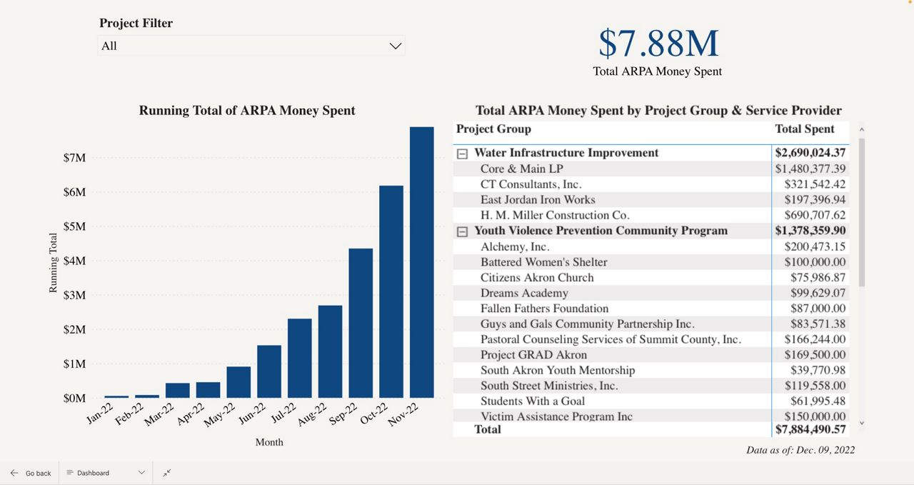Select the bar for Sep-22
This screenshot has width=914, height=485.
click(x=361, y=323)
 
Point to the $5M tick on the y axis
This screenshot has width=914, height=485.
click(x=74, y=226)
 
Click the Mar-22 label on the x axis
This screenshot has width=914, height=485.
click(x=159, y=414)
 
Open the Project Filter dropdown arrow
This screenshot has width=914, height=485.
click(x=395, y=46)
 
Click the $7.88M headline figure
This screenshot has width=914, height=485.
click(x=658, y=44)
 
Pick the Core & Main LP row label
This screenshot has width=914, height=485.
click(x=521, y=169)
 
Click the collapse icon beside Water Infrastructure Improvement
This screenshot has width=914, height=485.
click(x=462, y=154)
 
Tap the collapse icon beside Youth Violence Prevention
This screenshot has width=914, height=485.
click(x=462, y=231)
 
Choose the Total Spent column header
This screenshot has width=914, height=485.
click(x=805, y=129)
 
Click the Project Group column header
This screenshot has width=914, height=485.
click(x=493, y=129)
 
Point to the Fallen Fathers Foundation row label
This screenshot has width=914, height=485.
click(x=544, y=309)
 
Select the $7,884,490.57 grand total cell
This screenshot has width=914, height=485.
click(x=810, y=429)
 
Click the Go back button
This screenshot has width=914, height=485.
click(x=31, y=473)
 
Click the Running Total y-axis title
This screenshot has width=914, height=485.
click(x=53, y=263)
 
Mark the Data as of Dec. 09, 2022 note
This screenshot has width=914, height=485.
click(x=800, y=450)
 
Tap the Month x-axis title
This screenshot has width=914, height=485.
click(x=269, y=442)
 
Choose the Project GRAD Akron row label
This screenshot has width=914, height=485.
click(x=533, y=355)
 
